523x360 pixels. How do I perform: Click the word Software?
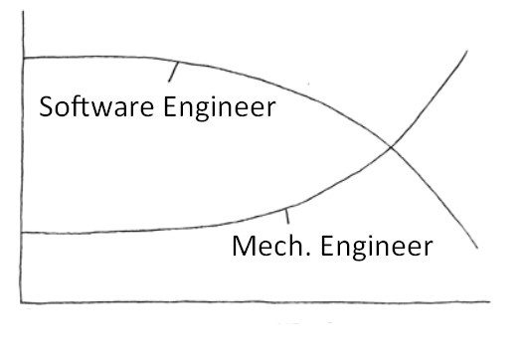(x=89, y=106)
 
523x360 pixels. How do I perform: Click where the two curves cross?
(x=391, y=147)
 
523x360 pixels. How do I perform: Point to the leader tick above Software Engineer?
(x=175, y=71)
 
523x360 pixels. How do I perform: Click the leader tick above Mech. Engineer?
(x=288, y=215)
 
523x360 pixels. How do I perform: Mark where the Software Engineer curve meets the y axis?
(x=21, y=59)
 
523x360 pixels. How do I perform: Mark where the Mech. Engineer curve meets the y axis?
(x=21, y=232)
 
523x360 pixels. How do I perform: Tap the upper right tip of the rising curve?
(x=466, y=51)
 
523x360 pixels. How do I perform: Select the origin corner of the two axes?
(x=21, y=301)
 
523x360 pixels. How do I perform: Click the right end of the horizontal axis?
(x=489, y=300)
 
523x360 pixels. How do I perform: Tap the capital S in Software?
(x=46, y=106)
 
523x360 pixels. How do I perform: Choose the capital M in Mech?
(x=243, y=246)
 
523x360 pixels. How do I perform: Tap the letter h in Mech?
(x=290, y=245)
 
